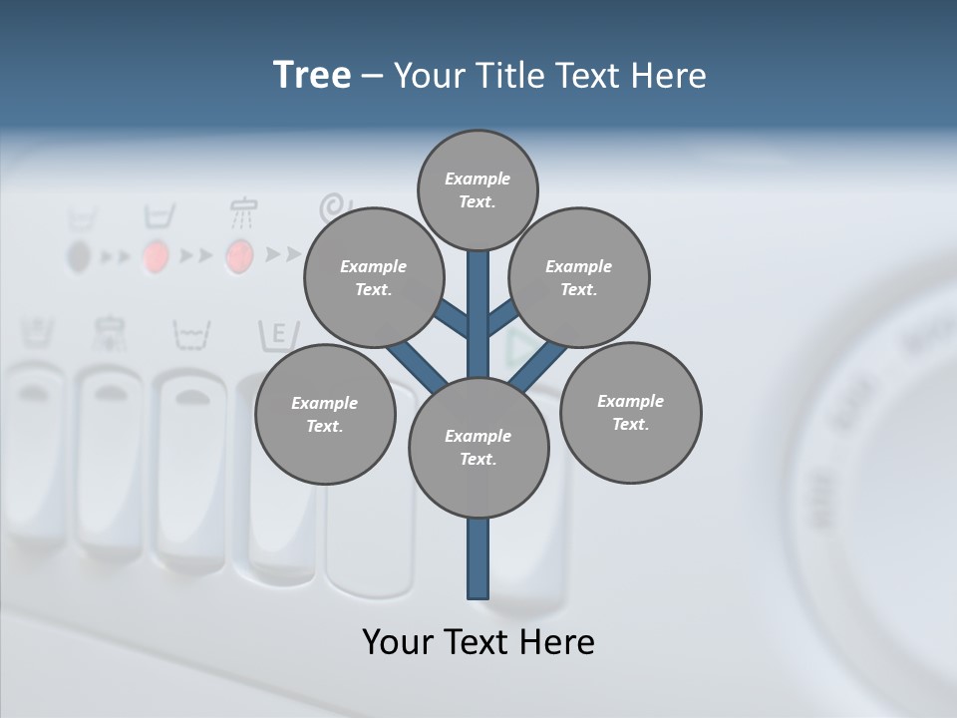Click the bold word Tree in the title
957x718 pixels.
click(312, 75)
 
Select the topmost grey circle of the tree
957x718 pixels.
click(478, 189)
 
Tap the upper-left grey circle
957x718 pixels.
click(374, 277)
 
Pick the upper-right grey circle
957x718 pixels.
click(579, 277)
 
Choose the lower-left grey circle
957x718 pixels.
click(325, 414)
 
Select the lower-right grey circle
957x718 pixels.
click(631, 412)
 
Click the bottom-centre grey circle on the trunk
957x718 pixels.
click(478, 447)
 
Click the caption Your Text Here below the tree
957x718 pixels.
click(478, 642)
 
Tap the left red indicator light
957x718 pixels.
click(155, 256)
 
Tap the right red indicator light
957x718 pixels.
click(239, 256)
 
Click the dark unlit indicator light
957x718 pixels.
click(79, 257)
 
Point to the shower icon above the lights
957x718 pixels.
click(242, 211)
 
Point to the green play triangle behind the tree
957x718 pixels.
click(518, 349)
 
